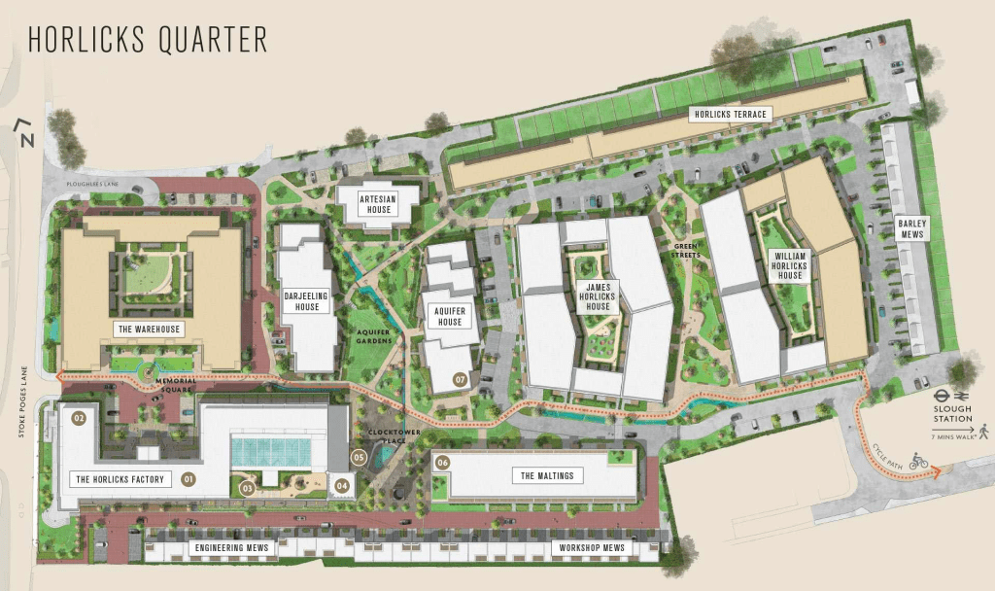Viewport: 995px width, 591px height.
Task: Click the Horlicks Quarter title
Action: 147,40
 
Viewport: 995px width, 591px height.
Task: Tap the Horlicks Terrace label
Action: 730,115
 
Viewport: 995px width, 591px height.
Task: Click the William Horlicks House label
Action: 790,264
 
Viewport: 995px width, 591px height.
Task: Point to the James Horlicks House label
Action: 598,296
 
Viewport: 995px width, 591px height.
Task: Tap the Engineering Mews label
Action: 230,549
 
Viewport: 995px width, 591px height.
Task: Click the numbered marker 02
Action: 80,418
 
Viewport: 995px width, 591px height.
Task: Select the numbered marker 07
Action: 461,379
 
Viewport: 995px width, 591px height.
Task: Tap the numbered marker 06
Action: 442,463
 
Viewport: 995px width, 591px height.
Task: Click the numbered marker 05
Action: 359,457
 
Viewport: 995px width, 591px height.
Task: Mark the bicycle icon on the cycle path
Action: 918,463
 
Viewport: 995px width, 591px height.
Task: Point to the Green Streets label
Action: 687,252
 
